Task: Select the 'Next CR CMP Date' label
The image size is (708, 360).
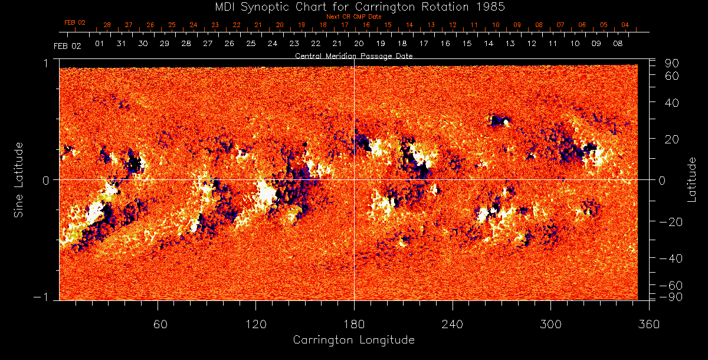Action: coord(354,17)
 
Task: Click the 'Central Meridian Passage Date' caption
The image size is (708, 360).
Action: coord(354,56)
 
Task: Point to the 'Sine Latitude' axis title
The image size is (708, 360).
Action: coord(19,179)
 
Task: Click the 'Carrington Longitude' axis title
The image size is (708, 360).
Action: coord(354,340)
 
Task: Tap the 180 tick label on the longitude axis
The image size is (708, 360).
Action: coord(354,324)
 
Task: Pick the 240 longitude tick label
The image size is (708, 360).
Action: coord(453,324)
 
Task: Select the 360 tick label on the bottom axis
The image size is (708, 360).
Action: coord(648,324)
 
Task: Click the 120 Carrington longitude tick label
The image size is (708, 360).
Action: coord(255,324)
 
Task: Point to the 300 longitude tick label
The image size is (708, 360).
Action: coord(550,324)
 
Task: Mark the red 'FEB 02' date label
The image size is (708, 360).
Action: coord(75,22)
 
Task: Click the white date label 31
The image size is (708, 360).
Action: coord(121,44)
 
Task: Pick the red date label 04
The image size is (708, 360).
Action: coord(625,25)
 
